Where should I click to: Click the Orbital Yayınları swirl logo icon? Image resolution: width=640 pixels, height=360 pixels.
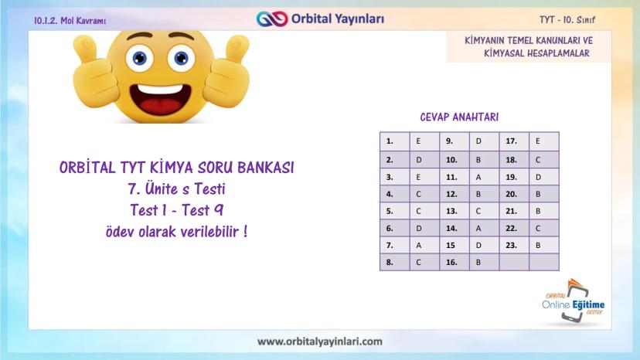click(272, 19)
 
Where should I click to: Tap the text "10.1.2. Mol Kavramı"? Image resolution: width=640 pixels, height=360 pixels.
click(70, 20)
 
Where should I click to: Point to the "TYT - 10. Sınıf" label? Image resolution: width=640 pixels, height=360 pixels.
click(567, 19)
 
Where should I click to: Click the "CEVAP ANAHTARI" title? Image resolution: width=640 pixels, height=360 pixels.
click(459, 117)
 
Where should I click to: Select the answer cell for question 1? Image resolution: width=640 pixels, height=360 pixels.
click(424, 141)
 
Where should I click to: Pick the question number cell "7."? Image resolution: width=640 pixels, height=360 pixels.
click(395, 246)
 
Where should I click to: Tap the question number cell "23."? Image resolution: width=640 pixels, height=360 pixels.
click(514, 246)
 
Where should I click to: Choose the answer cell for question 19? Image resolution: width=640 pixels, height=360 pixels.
click(544, 177)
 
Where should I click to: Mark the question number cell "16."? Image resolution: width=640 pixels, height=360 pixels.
click(454, 263)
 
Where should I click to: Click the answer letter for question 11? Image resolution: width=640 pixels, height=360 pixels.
click(478, 177)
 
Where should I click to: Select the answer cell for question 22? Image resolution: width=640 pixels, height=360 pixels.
click(544, 229)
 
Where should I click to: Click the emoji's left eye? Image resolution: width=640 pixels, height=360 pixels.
click(139, 58)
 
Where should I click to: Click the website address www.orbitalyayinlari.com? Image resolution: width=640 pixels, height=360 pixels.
click(320, 341)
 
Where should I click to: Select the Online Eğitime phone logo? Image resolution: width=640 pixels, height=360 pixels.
click(574, 301)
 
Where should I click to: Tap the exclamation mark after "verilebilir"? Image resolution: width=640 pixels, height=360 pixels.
click(245, 231)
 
